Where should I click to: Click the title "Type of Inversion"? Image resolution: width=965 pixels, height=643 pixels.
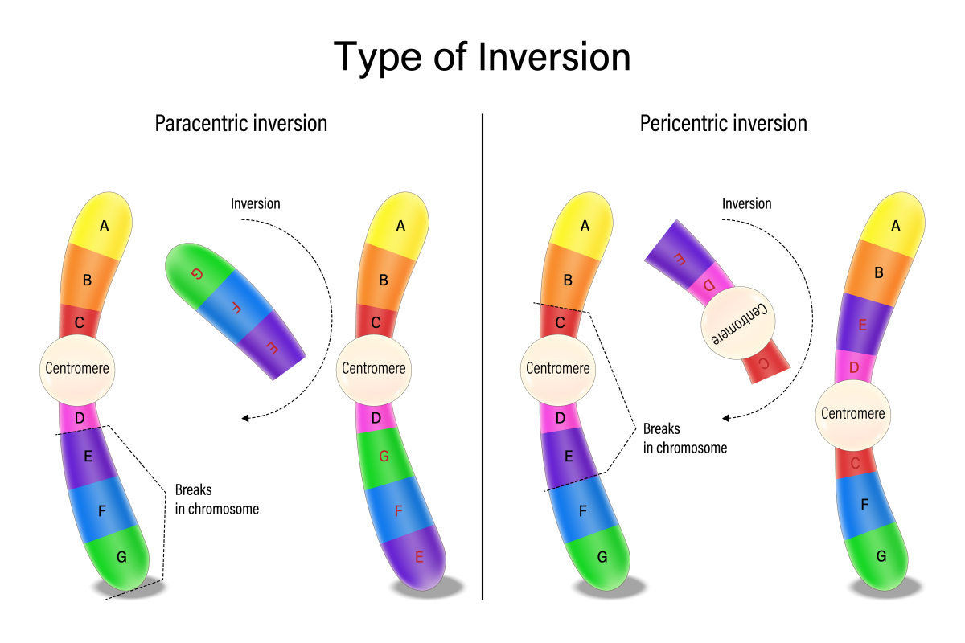(482, 57)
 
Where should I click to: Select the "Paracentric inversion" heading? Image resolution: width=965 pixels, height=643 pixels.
(240, 124)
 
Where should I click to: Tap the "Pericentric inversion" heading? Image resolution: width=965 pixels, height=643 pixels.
(723, 124)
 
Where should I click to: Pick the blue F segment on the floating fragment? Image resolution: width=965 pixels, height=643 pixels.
(236, 306)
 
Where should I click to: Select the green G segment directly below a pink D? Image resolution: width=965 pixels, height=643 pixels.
(384, 457)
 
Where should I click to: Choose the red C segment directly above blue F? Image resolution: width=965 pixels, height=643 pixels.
(855, 464)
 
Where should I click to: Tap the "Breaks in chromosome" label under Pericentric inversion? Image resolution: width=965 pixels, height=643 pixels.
(684, 438)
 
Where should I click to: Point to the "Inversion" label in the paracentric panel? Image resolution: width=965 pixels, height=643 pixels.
(256, 203)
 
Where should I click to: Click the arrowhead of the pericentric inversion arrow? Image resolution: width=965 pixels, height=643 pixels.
(726, 418)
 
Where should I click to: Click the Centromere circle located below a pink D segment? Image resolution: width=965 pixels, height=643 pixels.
(852, 413)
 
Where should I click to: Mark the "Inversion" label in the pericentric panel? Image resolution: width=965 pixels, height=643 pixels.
(747, 203)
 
